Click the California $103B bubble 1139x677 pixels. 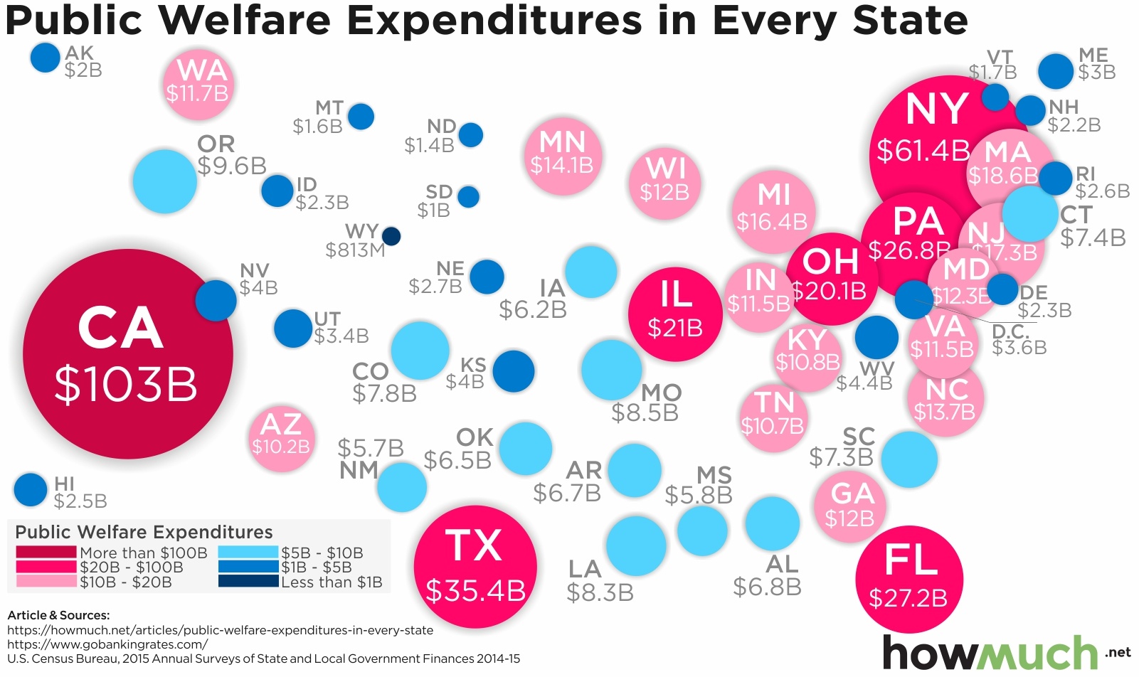coord(128,353)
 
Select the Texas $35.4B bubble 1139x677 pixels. coord(475,567)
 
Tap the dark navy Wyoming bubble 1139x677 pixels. coord(391,236)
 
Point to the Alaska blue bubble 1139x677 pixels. coord(46,58)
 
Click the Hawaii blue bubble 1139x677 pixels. coord(31,490)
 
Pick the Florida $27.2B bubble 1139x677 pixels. coord(909,580)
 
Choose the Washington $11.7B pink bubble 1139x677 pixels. coord(198,84)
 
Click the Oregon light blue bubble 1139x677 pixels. coord(165,181)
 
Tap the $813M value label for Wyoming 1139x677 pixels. coord(356,250)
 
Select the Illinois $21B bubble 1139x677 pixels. coord(675,314)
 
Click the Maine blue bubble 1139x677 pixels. coord(1056,71)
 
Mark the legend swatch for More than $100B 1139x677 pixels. coord(46,553)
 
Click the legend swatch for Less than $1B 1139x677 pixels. coord(249,582)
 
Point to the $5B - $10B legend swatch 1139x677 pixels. coord(249,553)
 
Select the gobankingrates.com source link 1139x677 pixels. coord(107,644)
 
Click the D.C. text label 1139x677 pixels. coord(1010,331)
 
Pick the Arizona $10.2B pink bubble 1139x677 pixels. coord(282,438)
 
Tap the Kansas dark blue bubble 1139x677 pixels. coord(514,371)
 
